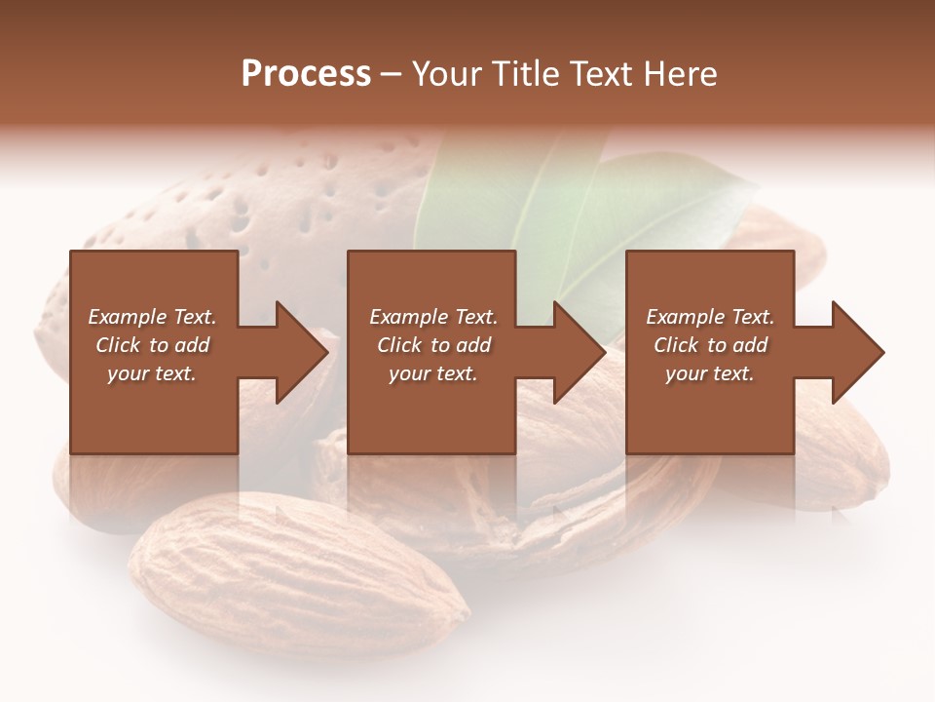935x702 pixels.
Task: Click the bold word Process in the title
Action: click(306, 74)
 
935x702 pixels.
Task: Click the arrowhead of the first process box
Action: click(302, 352)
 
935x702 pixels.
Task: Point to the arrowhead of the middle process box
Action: click(580, 352)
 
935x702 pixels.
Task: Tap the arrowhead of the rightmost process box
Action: click(858, 352)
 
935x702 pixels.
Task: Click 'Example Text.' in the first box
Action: click(152, 317)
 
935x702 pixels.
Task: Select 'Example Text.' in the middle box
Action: click(433, 317)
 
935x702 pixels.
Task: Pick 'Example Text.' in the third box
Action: click(710, 317)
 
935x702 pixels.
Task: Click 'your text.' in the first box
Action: click(152, 373)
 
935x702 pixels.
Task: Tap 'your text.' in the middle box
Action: click(433, 373)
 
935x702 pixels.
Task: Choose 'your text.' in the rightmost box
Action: click(710, 373)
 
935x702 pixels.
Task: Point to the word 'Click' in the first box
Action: click(119, 345)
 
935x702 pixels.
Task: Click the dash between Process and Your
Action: click(392, 75)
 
